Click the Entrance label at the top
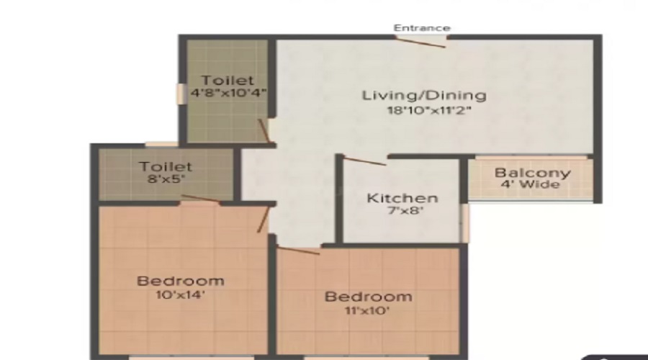[x=422, y=28]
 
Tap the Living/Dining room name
[x=424, y=95]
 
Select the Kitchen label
[x=402, y=198]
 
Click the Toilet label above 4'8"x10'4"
[x=228, y=80]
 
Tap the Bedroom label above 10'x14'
[x=181, y=281]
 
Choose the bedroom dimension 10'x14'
[x=181, y=295]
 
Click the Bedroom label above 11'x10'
[x=368, y=297]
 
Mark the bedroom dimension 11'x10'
[x=368, y=311]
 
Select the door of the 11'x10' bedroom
[x=297, y=250]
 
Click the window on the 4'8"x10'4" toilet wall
[x=179, y=94]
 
